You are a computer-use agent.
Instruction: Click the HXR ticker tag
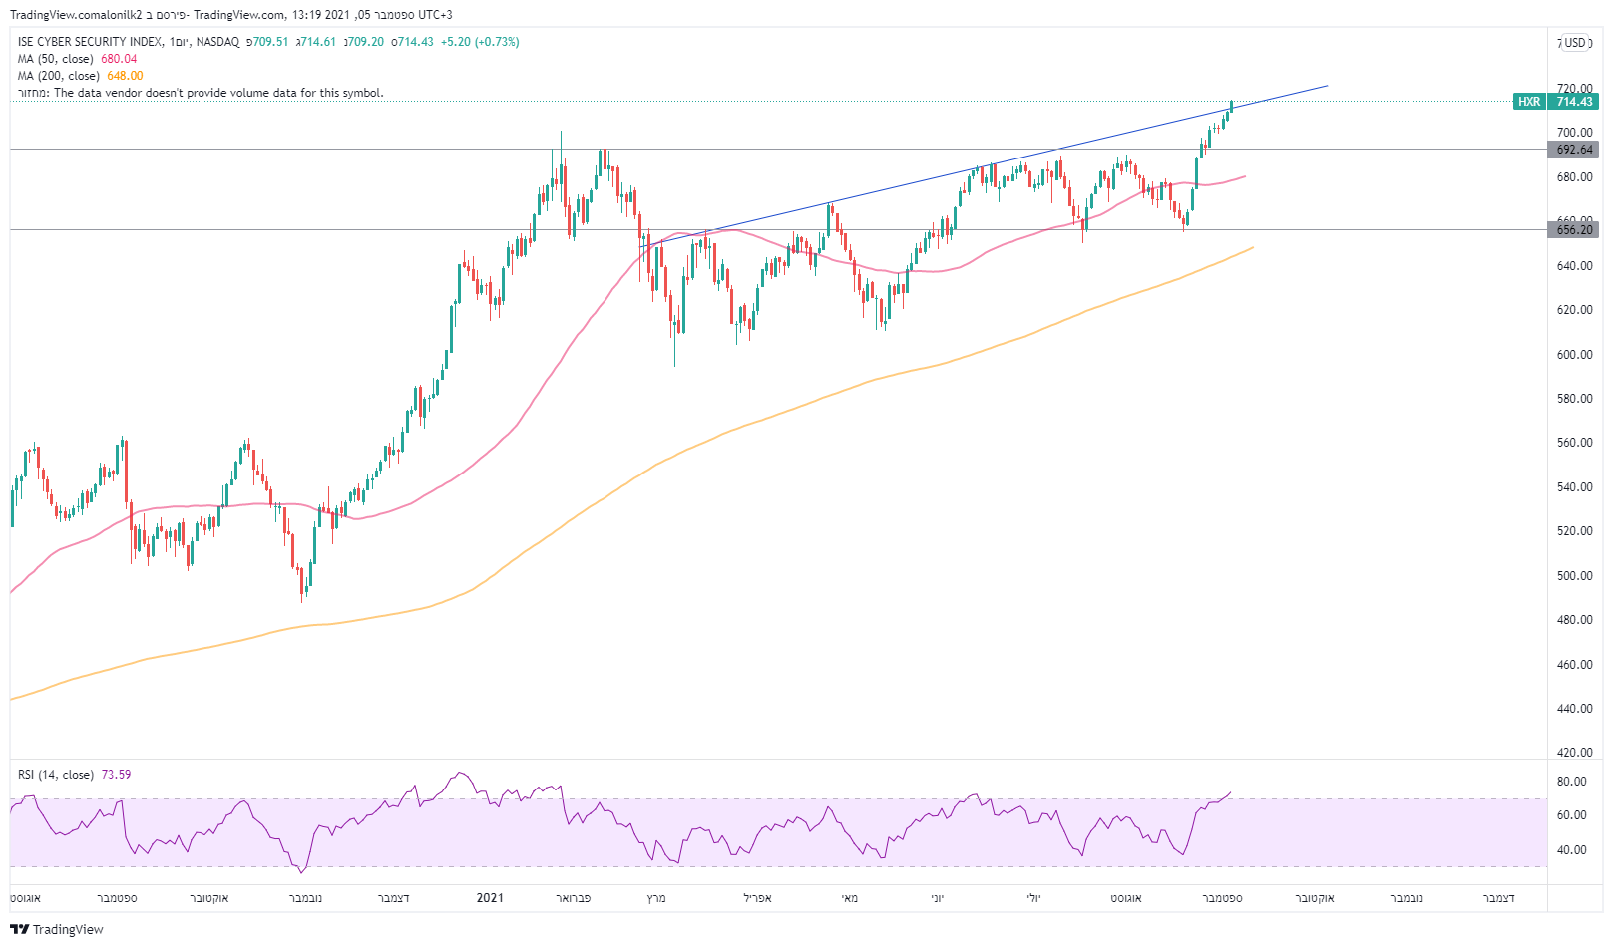click(x=1529, y=102)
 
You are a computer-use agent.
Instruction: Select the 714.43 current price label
click(x=1575, y=102)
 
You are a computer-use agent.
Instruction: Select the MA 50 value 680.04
click(x=119, y=59)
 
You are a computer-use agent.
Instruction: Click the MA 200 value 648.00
click(x=125, y=76)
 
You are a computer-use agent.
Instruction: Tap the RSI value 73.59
click(x=116, y=775)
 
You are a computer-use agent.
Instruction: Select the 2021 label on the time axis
click(x=490, y=898)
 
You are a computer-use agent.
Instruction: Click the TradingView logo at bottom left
click(x=57, y=929)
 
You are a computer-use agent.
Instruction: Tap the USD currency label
click(x=1575, y=43)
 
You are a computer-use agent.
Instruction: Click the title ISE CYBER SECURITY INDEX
click(x=90, y=42)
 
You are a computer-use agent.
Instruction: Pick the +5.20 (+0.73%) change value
click(x=480, y=42)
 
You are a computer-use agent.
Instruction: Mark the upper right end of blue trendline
click(x=1328, y=86)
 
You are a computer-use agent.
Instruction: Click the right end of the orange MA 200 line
click(x=1253, y=247)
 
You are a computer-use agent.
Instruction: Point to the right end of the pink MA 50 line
click(x=1245, y=176)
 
